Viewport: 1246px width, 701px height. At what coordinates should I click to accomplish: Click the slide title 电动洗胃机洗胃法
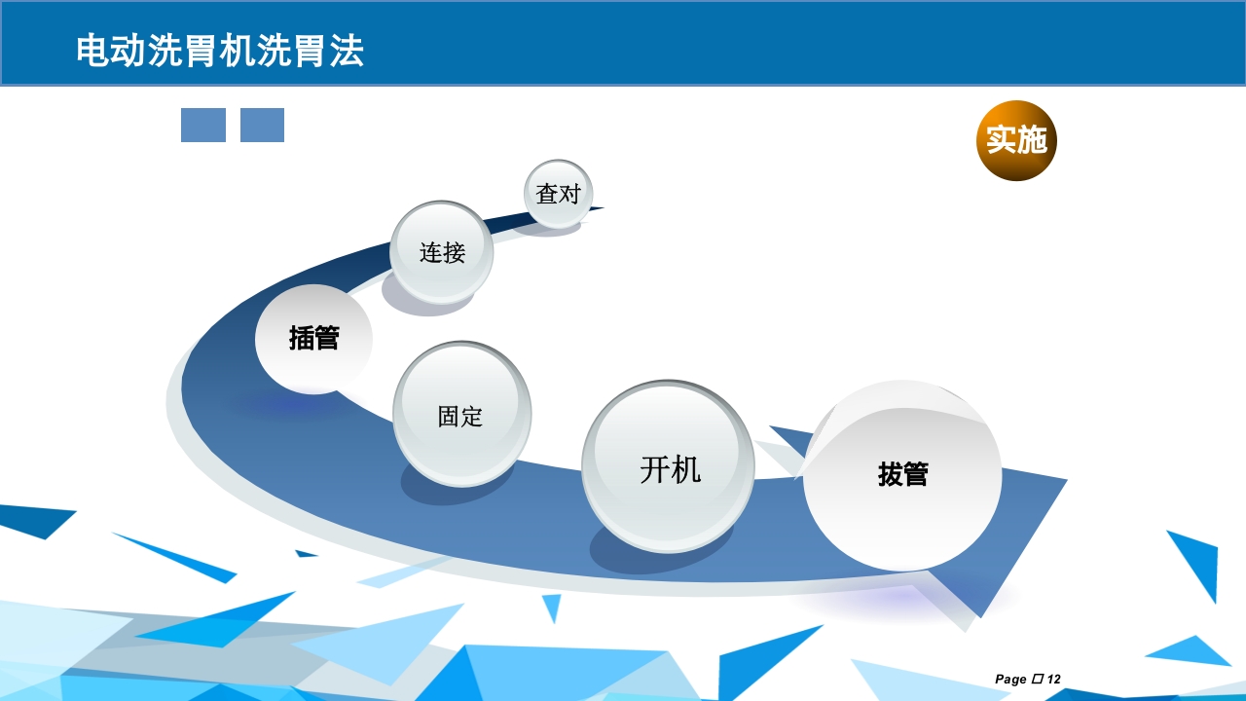[x=220, y=51]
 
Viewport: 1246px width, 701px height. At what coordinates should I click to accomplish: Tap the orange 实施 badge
[x=1016, y=140]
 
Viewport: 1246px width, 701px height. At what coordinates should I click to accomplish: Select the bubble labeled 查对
[x=559, y=194]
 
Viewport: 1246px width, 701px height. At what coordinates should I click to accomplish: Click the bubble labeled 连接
[x=442, y=252]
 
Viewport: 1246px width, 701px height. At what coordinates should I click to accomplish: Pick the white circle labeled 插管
[x=313, y=339]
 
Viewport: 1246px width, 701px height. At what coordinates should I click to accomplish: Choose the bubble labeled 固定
[x=461, y=415]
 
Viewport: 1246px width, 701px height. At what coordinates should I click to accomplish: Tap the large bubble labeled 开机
[x=669, y=468]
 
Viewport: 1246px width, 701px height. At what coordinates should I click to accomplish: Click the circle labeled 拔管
[x=902, y=475]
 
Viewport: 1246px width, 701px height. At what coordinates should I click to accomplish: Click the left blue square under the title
[x=203, y=126]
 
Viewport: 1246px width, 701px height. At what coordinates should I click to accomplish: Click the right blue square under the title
[x=262, y=126]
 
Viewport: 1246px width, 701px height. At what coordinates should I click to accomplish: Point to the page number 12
[x=1054, y=680]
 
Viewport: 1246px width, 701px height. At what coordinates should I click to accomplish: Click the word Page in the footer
[x=1010, y=680]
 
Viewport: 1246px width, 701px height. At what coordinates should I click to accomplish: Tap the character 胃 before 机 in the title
[x=202, y=51]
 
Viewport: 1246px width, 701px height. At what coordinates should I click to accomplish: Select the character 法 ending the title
[x=347, y=51]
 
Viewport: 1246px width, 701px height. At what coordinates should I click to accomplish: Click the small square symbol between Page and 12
[x=1037, y=679]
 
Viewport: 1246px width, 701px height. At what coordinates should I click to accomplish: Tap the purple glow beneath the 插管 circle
[x=292, y=402]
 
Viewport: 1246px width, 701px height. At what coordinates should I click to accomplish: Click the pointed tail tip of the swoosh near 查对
[x=602, y=207]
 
